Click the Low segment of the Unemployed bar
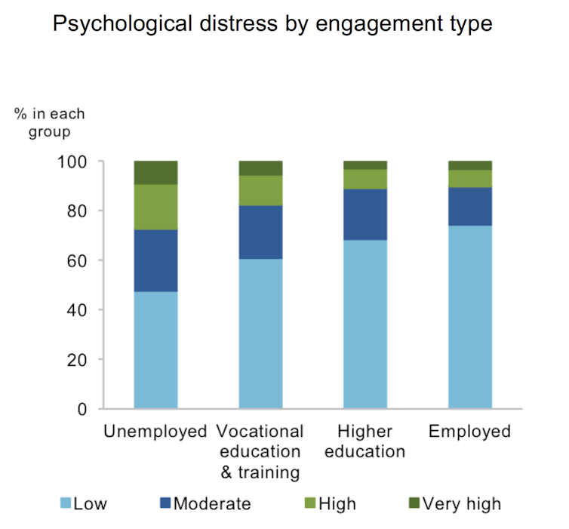pyautogui.click(x=155, y=350)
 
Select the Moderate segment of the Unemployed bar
pyautogui.click(x=155, y=260)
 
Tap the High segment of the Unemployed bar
pyautogui.click(x=155, y=207)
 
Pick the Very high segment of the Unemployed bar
pyautogui.click(x=155, y=172)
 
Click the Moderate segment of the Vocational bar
pyautogui.click(x=260, y=232)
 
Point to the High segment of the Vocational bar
pyautogui.click(x=260, y=190)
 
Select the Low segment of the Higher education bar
pyautogui.click(x=365, y=324)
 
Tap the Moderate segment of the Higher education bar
pyautogui.click(x=365, y=214)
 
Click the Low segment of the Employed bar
pyautogui.click(x=470, y=317)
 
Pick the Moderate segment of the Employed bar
pyautogui.click(x=470, y=206)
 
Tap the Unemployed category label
pyautogui.click(x=155, y=432)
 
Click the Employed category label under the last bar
pyautogui.click(x=470, y=432)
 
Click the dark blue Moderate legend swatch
pyautogui.click(x=165, y=503)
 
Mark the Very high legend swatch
pyautogui.click(x=412, y=503)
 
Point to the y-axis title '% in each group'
pyautogui.click(x=49, y=123)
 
